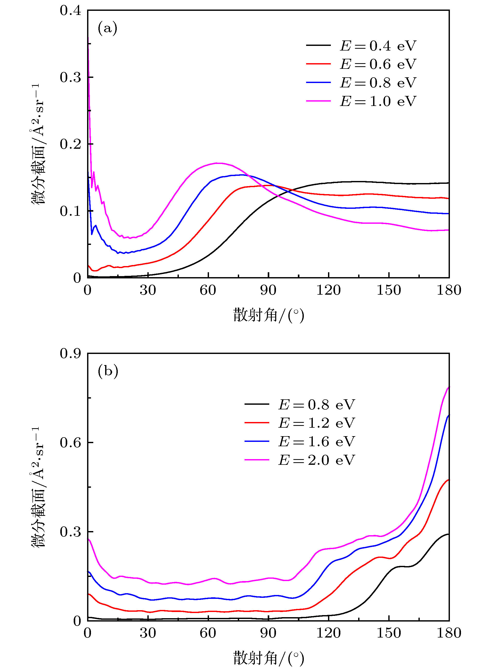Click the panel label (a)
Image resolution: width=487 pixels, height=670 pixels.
(107, 28)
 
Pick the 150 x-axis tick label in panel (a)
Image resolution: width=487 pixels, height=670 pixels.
(389, 290)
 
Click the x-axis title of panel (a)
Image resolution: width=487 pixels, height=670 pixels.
(268, 316)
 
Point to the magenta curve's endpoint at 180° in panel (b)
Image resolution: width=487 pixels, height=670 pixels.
(449, 387)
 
